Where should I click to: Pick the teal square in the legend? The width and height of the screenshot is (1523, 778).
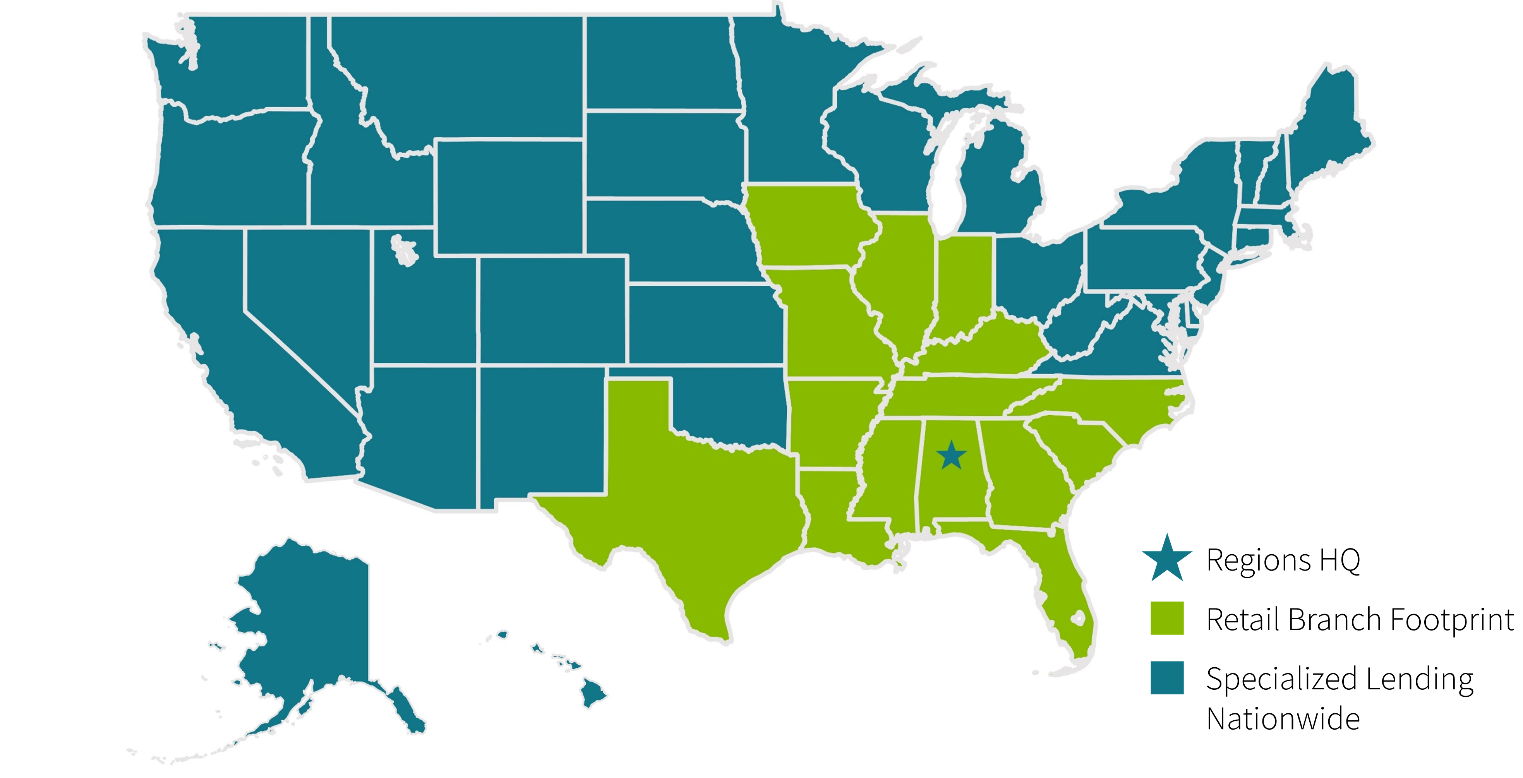[1166, 677]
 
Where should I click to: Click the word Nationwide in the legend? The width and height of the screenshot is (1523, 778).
[1283, 719]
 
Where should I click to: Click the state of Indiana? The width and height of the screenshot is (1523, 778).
[964, 284]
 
